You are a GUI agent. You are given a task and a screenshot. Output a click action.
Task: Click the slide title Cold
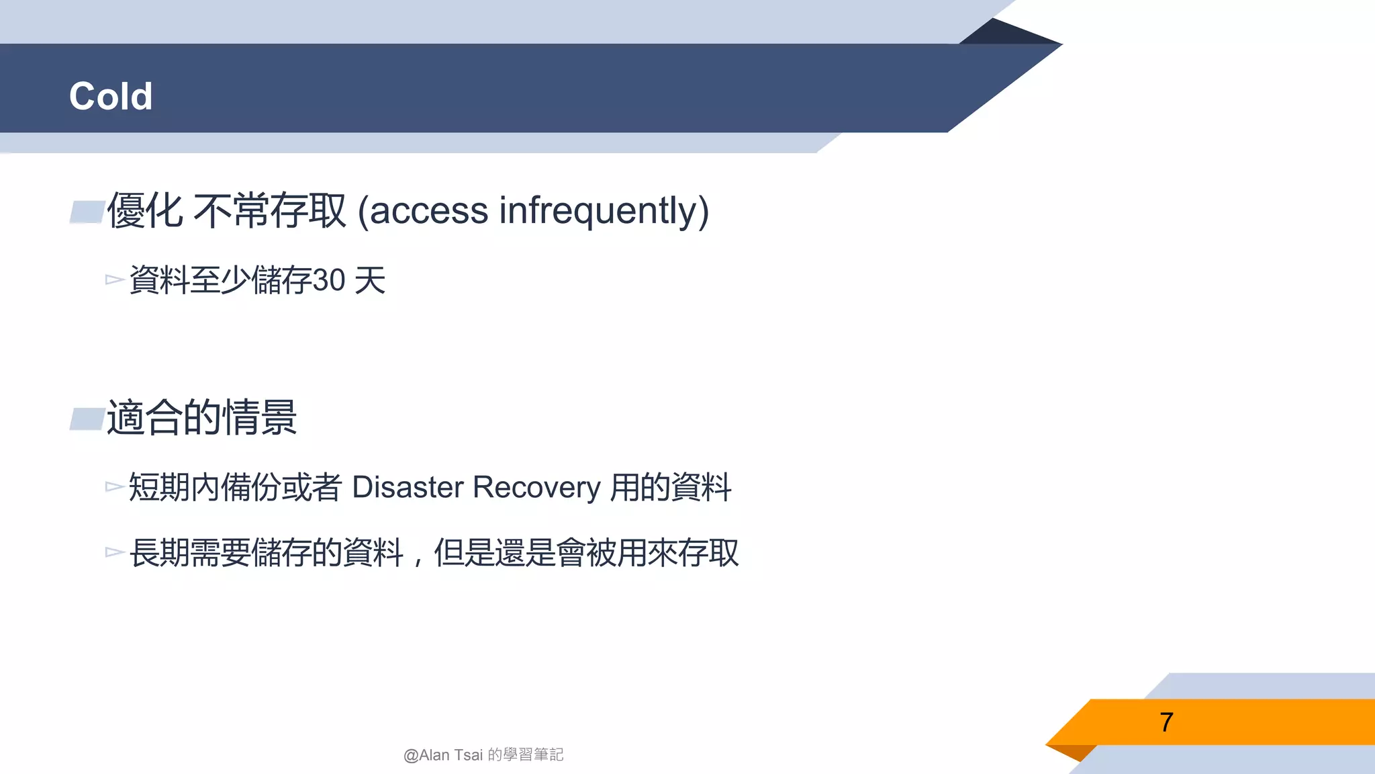[111, 96]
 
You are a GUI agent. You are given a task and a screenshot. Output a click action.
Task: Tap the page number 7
[1166, 722]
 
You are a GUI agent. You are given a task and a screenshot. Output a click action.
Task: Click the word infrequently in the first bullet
[604, 210]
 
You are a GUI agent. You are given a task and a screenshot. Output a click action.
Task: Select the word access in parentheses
[428, 210]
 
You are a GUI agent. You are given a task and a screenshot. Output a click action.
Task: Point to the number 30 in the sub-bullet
[329, 280]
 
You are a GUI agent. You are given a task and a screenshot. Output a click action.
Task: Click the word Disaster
[408, 487]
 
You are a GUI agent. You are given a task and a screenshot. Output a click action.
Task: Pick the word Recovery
[536, 487]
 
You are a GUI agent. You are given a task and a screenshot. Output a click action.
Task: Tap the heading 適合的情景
[202, 417]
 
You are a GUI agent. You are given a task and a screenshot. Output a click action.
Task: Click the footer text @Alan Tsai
[443, 755]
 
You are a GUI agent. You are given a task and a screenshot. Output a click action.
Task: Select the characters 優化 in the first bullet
[145, 210]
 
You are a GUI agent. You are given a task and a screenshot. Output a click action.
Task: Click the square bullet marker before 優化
[87, 212]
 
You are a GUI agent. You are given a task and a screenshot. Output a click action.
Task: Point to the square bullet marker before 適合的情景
[87, 419]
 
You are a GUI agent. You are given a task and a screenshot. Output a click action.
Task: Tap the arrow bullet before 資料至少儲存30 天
[114, 279]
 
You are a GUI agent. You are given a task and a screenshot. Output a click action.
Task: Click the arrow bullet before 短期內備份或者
[114, 486]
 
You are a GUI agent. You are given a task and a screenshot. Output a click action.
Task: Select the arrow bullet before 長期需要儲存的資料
[114, 552]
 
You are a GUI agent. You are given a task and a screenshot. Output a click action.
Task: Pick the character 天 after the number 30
[370, 280]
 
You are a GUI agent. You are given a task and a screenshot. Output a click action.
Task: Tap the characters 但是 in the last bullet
[464, 553]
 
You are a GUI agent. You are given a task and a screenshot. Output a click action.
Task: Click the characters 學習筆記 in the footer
[533, 755]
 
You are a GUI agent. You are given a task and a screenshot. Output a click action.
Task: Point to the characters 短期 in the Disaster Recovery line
[159, 487]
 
